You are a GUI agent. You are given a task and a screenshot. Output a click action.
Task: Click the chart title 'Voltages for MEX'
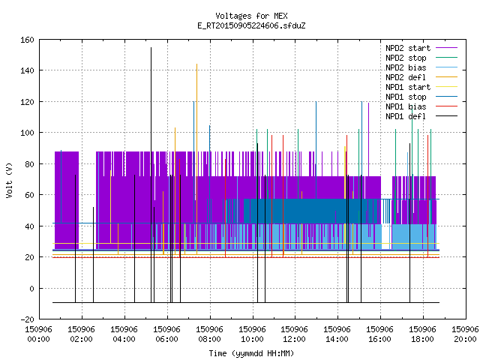(251, 16)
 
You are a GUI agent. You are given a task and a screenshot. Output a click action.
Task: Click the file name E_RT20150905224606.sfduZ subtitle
(251, 25)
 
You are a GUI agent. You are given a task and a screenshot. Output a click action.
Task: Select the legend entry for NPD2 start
(421, 48)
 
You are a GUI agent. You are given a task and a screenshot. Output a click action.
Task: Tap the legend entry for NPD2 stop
(421, 58)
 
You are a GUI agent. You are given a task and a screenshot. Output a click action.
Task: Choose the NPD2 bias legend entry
(421, 67)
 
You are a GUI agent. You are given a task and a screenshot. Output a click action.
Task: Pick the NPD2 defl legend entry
(421, 77)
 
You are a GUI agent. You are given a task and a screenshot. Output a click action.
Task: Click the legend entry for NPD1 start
(421, 87)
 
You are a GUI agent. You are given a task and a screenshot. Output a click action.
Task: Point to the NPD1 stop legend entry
(421, 97)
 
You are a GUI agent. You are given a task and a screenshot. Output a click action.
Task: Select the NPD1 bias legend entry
(421, 106)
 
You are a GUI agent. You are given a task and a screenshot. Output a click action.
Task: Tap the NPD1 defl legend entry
(421, 117)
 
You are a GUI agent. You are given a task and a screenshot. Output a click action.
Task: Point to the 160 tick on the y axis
(27, 40)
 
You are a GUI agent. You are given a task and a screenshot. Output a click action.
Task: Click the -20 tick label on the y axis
(27, 319)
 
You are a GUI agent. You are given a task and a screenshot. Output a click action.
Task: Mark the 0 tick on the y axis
(31, 288)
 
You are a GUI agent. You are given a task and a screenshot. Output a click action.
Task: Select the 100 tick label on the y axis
(27, 133)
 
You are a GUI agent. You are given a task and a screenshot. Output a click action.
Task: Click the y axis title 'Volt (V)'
(9, 181)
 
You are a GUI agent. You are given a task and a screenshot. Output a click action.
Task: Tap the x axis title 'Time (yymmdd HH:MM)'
(251, 353)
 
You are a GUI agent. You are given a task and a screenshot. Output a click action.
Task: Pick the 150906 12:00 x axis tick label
(294, 334)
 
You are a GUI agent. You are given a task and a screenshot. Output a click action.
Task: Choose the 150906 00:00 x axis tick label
(38, 334)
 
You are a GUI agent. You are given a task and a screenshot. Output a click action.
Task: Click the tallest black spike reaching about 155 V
(151, 175)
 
